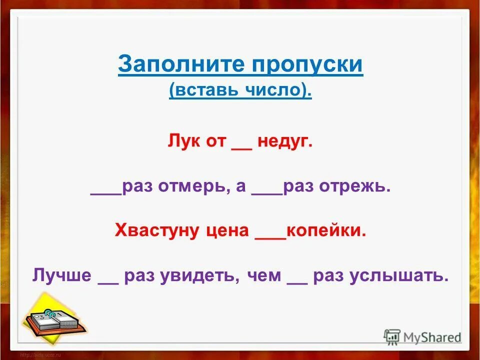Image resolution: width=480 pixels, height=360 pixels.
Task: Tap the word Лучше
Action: click(62, 275)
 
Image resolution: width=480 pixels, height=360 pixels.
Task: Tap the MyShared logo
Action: click(422, 336)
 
